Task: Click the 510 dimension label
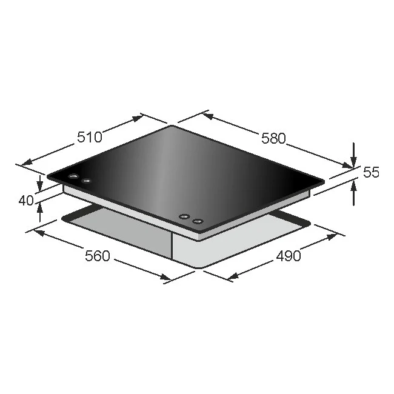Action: click(89, 137)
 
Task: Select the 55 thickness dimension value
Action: click(371, 172)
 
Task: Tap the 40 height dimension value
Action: click(26, 200)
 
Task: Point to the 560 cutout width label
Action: click(97, 256)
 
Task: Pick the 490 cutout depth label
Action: click(289, 256)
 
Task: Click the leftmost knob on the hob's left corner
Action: click(73, 176)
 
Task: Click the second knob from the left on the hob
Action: click(86, 180)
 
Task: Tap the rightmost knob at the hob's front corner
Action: click(197, 221)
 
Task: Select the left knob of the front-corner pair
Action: click(184, 217)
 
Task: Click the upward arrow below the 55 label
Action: click(354, 193)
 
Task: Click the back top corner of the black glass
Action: click(173, 126)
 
